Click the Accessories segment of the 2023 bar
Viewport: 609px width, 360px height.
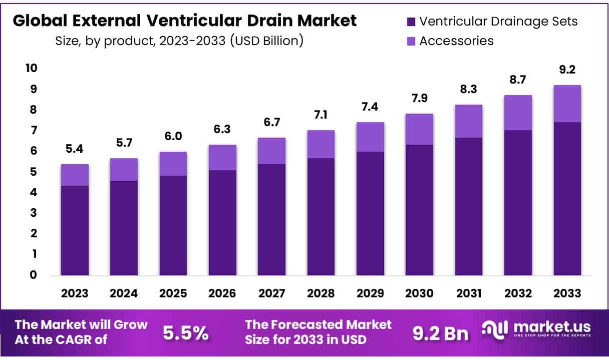pos(75,175)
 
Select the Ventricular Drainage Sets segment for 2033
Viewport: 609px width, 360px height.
pos(567,198)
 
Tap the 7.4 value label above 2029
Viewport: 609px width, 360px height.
pos(370,107)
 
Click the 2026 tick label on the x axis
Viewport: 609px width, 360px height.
pos(222,293)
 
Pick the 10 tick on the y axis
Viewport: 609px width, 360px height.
pos(32,68)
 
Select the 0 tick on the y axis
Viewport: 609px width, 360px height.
pos(33,274)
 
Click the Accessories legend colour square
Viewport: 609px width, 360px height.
pos(411,41)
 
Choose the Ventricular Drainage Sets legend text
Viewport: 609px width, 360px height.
pos(498,22)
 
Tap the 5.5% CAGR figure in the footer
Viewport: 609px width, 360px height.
pos(186,333)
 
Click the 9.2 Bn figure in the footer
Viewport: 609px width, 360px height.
pos(440,333)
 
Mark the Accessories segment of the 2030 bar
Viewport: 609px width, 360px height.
pos(419,129)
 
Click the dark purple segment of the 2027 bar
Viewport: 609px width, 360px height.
pos(271,219)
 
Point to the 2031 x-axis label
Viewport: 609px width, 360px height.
pos(469,293)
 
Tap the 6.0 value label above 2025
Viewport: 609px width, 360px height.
pos(173,137)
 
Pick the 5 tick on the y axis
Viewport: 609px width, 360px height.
pos(33,172)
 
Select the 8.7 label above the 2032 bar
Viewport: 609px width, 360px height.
pos(518,80)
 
